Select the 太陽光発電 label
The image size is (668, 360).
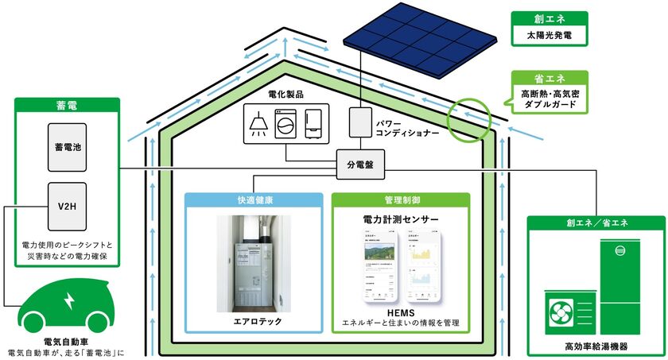click(548, 36)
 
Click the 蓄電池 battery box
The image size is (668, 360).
click(64, 147)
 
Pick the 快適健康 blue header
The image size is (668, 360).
click(254, 200)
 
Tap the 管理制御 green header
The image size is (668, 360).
click(401, 200)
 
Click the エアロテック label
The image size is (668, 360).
click(254, 322)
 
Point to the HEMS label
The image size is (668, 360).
click(401, 312)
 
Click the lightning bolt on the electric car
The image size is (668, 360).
click(68, 301)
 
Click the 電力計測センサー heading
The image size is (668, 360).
click(401, 218)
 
